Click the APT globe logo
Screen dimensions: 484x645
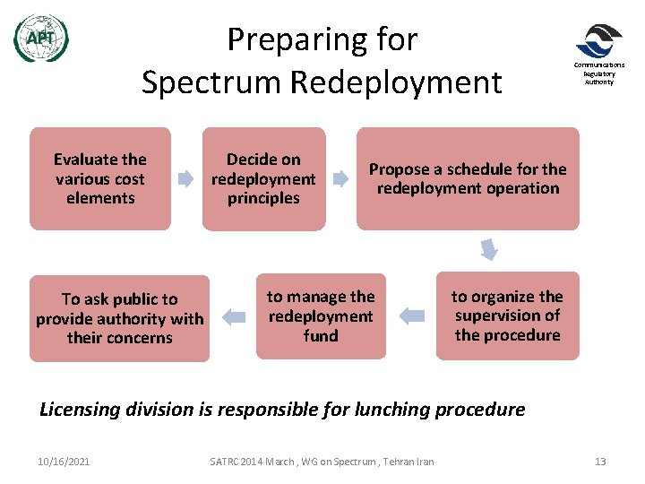[40, 39]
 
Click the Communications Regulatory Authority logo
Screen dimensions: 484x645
[598, 41]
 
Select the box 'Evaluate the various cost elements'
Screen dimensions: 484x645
[100, 178]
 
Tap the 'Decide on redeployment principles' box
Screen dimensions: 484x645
[263, 178]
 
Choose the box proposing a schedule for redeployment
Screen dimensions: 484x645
[468, 178]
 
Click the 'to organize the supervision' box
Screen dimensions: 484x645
[507, 315]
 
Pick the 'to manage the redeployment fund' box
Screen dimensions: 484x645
[321, 315]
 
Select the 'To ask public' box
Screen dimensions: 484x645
[119, 318]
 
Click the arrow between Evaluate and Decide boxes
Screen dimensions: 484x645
[186, 179]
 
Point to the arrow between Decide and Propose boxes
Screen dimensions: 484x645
[340, 179]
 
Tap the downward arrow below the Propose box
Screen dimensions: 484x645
[489, 248]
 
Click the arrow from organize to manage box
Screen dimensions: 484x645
[411, 315]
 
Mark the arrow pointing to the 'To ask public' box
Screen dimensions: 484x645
[233, 315]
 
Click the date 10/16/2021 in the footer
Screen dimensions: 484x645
[64, 462]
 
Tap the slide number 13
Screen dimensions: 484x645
[600, 462]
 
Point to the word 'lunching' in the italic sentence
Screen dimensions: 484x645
[396, 410]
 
